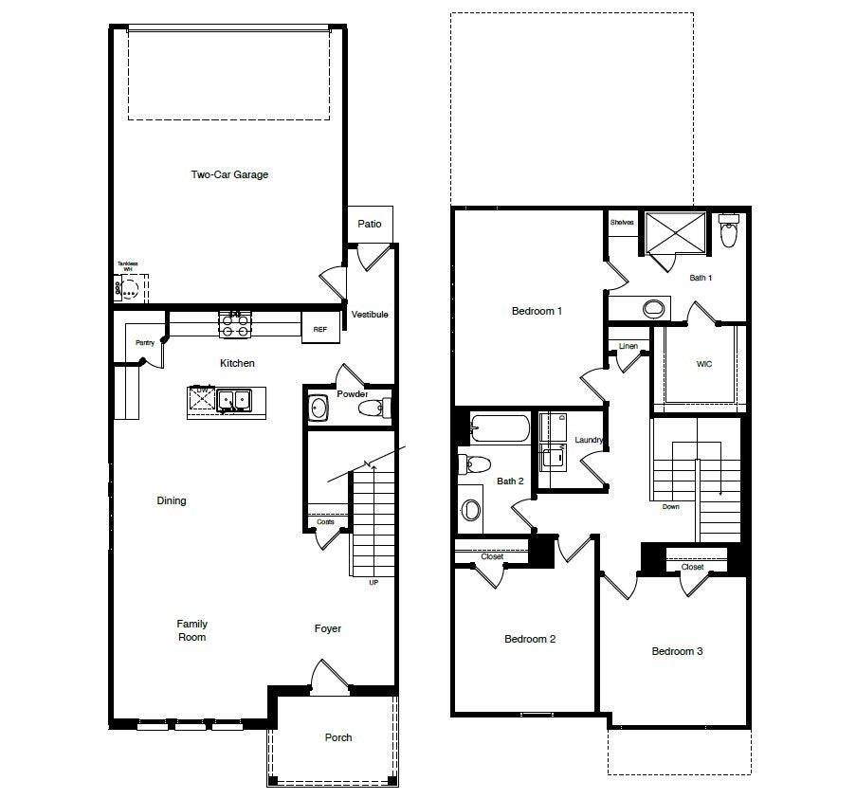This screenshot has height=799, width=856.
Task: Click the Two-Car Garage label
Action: [229, 174]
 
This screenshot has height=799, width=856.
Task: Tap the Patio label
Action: [370, 224]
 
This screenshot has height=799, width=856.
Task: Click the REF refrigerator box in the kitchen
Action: [320, 329]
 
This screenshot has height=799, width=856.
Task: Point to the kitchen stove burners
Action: [235, 326]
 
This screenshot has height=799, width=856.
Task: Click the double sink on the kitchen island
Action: [233, 401]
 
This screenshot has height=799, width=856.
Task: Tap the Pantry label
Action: [145, 343]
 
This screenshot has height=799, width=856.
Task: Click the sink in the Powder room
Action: [319, 409]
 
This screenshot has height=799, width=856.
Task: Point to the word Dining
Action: [172, 500]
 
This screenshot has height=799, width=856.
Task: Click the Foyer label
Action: [328, 628]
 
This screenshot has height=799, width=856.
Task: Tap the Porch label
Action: [338, 737]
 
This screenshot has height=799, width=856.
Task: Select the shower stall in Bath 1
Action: [676, 233]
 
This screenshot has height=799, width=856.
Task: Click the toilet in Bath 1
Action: [728, 231]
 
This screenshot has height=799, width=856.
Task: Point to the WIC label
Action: [703, 363]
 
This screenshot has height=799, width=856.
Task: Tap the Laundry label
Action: [590, 441]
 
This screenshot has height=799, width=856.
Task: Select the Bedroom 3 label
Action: [677, 651]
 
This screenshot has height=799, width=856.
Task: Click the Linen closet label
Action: [628, 346]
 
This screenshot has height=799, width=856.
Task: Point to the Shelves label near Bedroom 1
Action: [622, 223]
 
